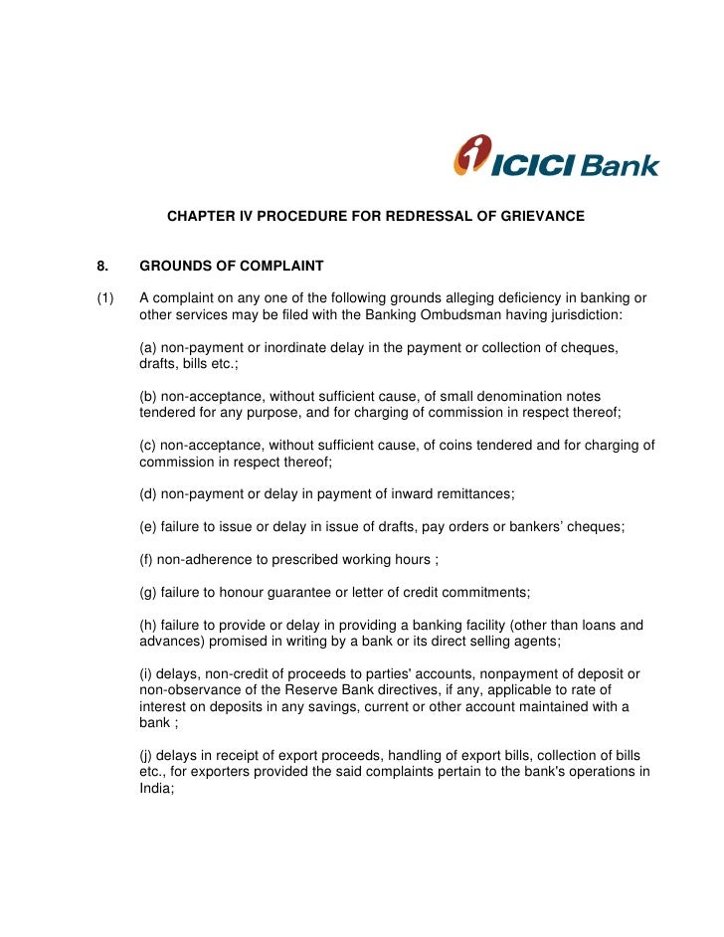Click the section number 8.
(x=101, y=266)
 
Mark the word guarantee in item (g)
(x=289, y=592)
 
